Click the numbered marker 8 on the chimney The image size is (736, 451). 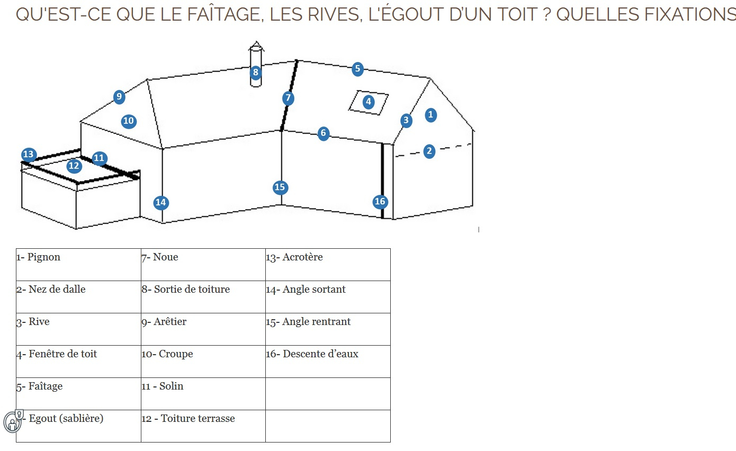click(256, 72)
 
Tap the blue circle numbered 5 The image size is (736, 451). click(357, 68)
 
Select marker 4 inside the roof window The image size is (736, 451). click(368, 101)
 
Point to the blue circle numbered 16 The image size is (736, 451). click(380, 201)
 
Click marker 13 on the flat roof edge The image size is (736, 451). click(29, 155)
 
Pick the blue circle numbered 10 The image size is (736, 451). click(128, 121)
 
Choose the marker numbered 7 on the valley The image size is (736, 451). click(288, 98)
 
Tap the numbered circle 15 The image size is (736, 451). click(280, 187)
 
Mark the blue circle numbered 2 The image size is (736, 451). click(429, 151)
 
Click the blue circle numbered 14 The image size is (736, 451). click(161, 202)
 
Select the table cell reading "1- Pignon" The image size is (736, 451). click(78, 264)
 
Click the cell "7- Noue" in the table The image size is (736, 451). click(203, 264)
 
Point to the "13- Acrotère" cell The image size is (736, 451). click(328, 264)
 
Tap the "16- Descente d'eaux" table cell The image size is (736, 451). click(328, 361)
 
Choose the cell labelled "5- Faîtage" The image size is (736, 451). click(78, 393)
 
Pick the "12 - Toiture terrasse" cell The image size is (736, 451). click(203, 426)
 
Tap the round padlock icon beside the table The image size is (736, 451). click(12, 421)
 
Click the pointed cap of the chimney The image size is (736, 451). click(256, 46)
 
